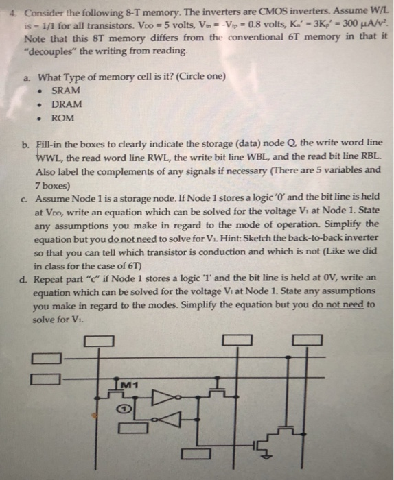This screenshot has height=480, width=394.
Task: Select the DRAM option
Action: click(67, 104)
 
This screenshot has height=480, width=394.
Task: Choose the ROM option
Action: click(63, 118)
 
